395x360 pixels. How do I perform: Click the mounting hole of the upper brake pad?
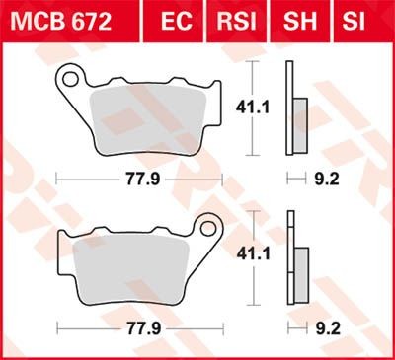coord(71,74)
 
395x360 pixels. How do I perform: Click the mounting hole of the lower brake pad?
coord(207,232)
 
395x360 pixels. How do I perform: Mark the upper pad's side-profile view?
coord(291,108)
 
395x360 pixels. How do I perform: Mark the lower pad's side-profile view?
coord(293,261)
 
